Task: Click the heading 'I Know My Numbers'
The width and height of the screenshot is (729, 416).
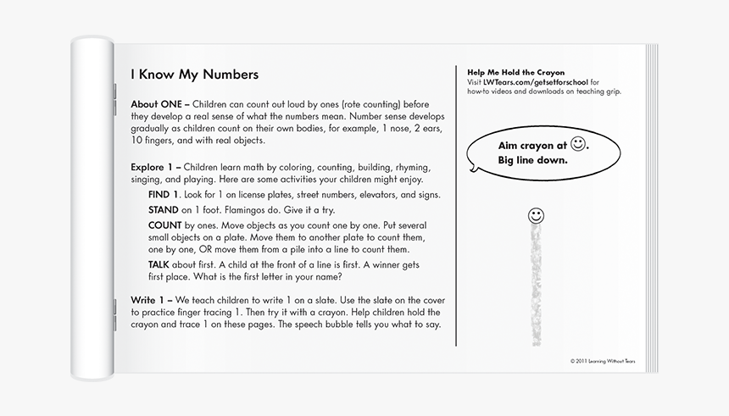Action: (194, 75)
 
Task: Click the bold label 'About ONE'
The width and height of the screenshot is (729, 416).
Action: (154, 104)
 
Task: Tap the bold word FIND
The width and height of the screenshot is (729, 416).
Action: (164, 195)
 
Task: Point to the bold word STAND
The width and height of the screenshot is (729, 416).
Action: (163, 210)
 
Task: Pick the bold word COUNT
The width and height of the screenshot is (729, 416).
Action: (165, 225)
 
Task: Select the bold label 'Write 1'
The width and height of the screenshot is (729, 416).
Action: (149, 301)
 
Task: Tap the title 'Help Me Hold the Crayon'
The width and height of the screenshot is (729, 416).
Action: (515, 73)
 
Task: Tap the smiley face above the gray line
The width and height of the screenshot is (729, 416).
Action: (535, 214)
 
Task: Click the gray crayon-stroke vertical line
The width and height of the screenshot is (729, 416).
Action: (536, 284)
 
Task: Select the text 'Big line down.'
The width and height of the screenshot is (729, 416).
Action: (532, 159)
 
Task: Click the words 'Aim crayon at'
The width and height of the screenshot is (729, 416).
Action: (532, 146)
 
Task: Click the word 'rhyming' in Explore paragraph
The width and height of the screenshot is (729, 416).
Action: (409, 167)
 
